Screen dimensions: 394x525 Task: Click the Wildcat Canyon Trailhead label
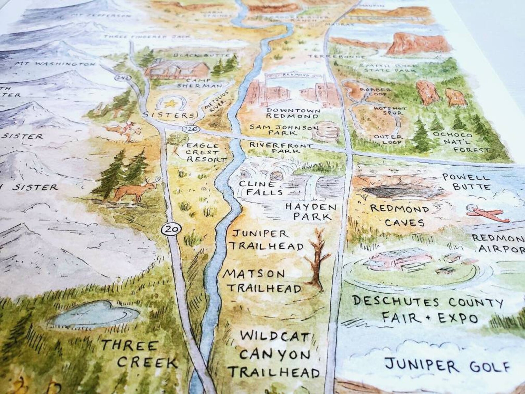tap(275, 355)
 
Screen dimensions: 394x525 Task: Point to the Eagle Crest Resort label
tap(207, 153)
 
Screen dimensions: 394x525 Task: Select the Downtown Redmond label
tap(293, 113)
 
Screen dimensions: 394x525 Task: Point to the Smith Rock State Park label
tap(388, 68)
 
